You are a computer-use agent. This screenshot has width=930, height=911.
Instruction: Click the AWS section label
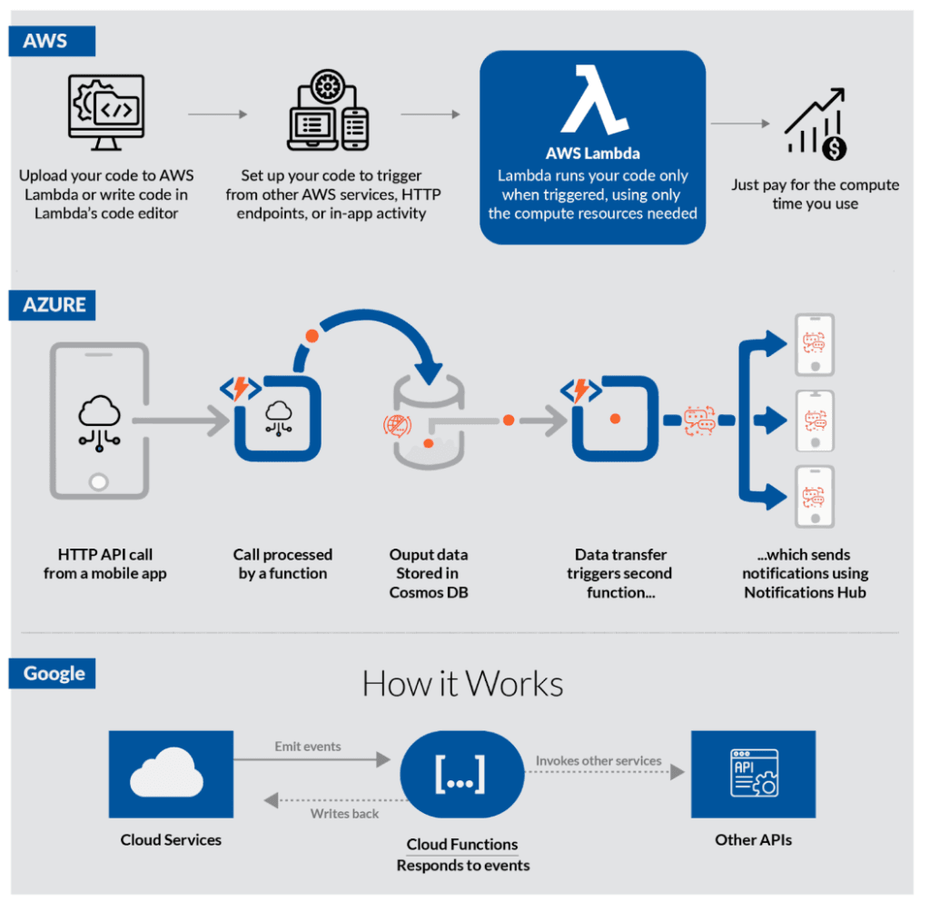pos(52,41)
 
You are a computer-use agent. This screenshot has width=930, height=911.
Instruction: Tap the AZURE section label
pos(52,305)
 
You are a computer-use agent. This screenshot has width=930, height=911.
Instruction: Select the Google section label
pos(52,673)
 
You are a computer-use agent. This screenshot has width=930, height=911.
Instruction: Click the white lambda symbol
pos(594,100)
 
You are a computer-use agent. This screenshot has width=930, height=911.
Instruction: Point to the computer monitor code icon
pos(106,112)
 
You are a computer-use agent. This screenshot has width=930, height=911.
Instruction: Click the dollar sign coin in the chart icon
pos(834,148)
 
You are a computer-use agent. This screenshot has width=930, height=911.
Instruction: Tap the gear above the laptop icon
pos(327,86)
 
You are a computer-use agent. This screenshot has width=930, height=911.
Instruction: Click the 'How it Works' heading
pos(462,684)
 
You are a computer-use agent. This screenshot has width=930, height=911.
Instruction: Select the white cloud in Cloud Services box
pos(167,772)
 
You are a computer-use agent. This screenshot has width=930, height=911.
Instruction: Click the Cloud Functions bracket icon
pos(460,774)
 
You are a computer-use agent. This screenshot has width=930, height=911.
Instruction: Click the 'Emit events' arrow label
pos(308,746)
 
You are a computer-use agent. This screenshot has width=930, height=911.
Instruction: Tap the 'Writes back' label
pos(344,814)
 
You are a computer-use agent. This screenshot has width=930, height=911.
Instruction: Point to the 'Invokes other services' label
pos(599,760)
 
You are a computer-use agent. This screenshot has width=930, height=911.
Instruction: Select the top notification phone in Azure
pos(815,344)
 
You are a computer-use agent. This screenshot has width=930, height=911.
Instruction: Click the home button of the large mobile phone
pos(98,481)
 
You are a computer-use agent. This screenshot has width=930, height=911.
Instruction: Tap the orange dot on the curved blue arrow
pos(312,336)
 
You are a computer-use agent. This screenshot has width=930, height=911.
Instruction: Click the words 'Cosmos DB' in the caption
pos(429,592)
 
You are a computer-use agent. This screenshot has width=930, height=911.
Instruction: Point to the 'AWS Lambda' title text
pos(593,153)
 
